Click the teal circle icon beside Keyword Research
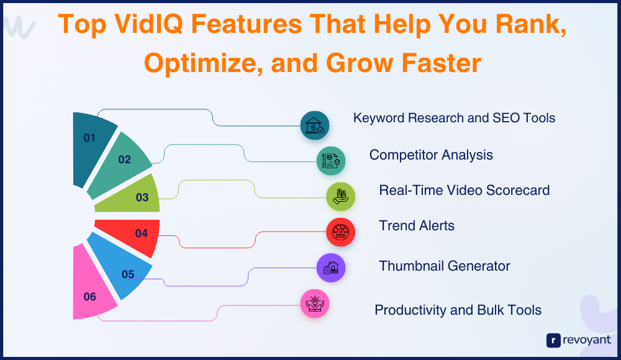315,125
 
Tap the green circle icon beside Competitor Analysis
331,161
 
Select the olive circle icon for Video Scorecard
340,196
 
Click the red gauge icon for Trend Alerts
340,232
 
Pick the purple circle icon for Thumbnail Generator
331,268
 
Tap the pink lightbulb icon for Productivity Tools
315,304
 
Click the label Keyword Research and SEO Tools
455,118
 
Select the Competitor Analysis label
432,155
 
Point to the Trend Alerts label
417,226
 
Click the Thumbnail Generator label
445,266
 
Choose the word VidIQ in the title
149,24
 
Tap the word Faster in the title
441,63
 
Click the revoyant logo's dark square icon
553,340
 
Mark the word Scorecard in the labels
518,190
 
